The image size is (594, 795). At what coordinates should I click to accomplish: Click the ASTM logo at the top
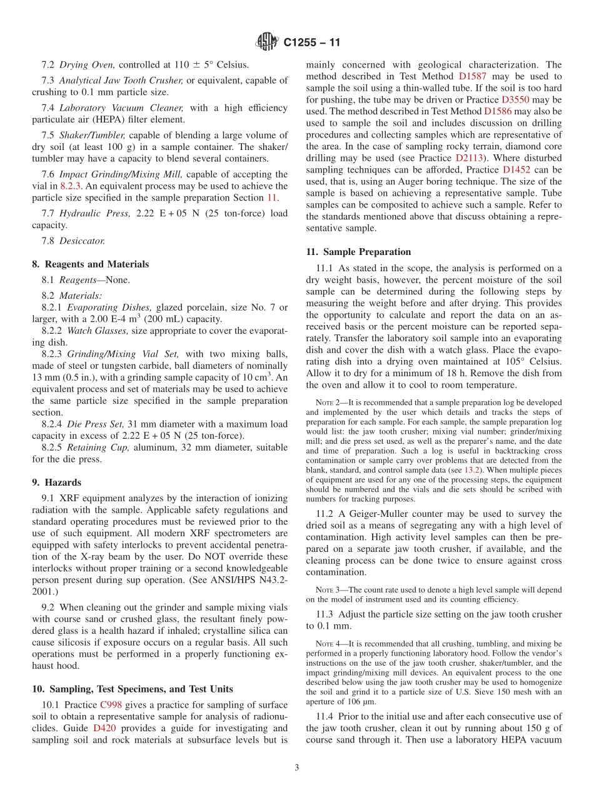[x=267, y=42]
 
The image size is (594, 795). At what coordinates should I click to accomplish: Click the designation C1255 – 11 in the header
[x=311, y=43]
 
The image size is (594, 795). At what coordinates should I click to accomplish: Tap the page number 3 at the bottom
[x=297, y=767]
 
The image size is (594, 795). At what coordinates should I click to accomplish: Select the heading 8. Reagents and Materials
[x=91, y=264]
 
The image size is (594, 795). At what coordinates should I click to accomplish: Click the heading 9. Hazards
[x=57, y=482]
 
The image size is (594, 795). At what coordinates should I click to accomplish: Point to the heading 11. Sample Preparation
[x=358, y=252]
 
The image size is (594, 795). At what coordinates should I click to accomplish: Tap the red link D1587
[x=472, y=76]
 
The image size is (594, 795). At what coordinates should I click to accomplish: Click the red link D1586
[x=498, y=111]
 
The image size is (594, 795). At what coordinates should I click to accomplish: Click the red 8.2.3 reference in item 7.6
[x=71, y=186]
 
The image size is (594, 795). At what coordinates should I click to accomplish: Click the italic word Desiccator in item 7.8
[x=82, y=241]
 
